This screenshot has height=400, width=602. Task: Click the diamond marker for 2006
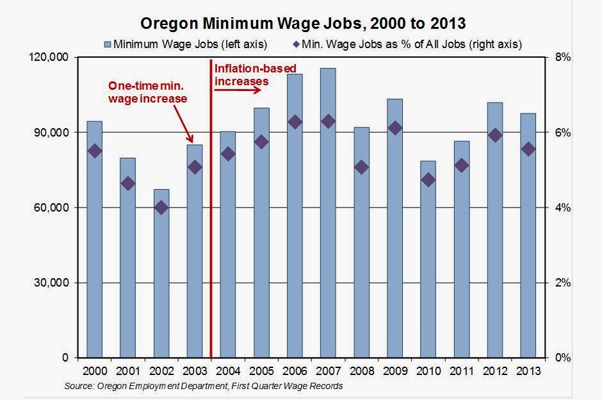coord(295,122)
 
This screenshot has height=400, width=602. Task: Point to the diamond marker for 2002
coord(161,208)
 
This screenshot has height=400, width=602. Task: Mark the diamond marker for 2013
coord(528,149)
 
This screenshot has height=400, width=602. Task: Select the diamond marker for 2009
coord(395,128)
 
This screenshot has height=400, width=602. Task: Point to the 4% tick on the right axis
coord(562,208)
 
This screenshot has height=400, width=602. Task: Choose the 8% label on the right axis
coord(562,58)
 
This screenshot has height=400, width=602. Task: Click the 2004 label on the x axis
coord(228,371)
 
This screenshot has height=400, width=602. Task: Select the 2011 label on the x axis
coord(461,371)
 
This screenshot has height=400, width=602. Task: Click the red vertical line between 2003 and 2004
coord(211,256)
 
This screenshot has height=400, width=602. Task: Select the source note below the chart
coord(203,386)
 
